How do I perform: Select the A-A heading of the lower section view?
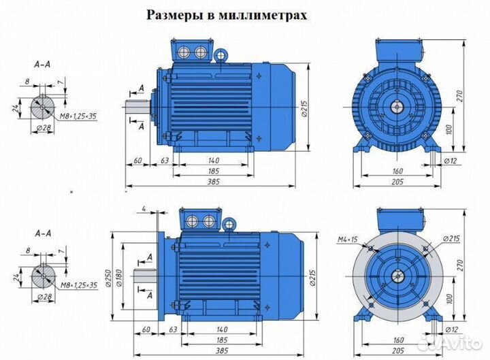[41, 233]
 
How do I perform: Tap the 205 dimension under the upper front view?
[398, 182]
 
